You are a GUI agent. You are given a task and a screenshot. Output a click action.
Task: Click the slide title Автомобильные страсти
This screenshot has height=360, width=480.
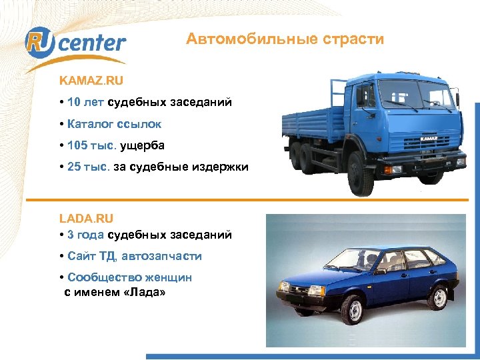pos(285,39)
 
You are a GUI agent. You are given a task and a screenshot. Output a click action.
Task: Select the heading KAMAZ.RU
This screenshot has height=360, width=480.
pos(91,80)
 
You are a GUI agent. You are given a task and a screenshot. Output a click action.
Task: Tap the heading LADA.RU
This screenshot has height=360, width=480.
pos(86,218)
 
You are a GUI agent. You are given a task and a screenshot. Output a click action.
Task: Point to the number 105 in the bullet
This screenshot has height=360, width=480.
pos(77,145)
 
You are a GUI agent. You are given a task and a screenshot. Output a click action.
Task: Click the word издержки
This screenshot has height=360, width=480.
pos(221,167)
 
